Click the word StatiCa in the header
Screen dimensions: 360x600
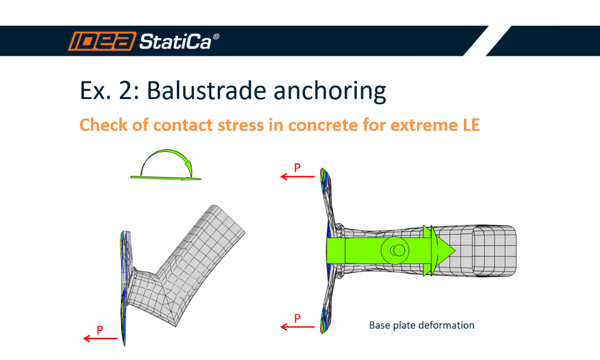pos(175,41)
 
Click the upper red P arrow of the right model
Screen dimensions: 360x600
pos(298,177)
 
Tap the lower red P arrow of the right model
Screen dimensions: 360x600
pos(298,326)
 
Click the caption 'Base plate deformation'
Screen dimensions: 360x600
pos(421,325)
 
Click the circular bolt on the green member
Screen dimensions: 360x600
pos(395,249)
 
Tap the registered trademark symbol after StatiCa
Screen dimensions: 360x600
pos(216,37)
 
